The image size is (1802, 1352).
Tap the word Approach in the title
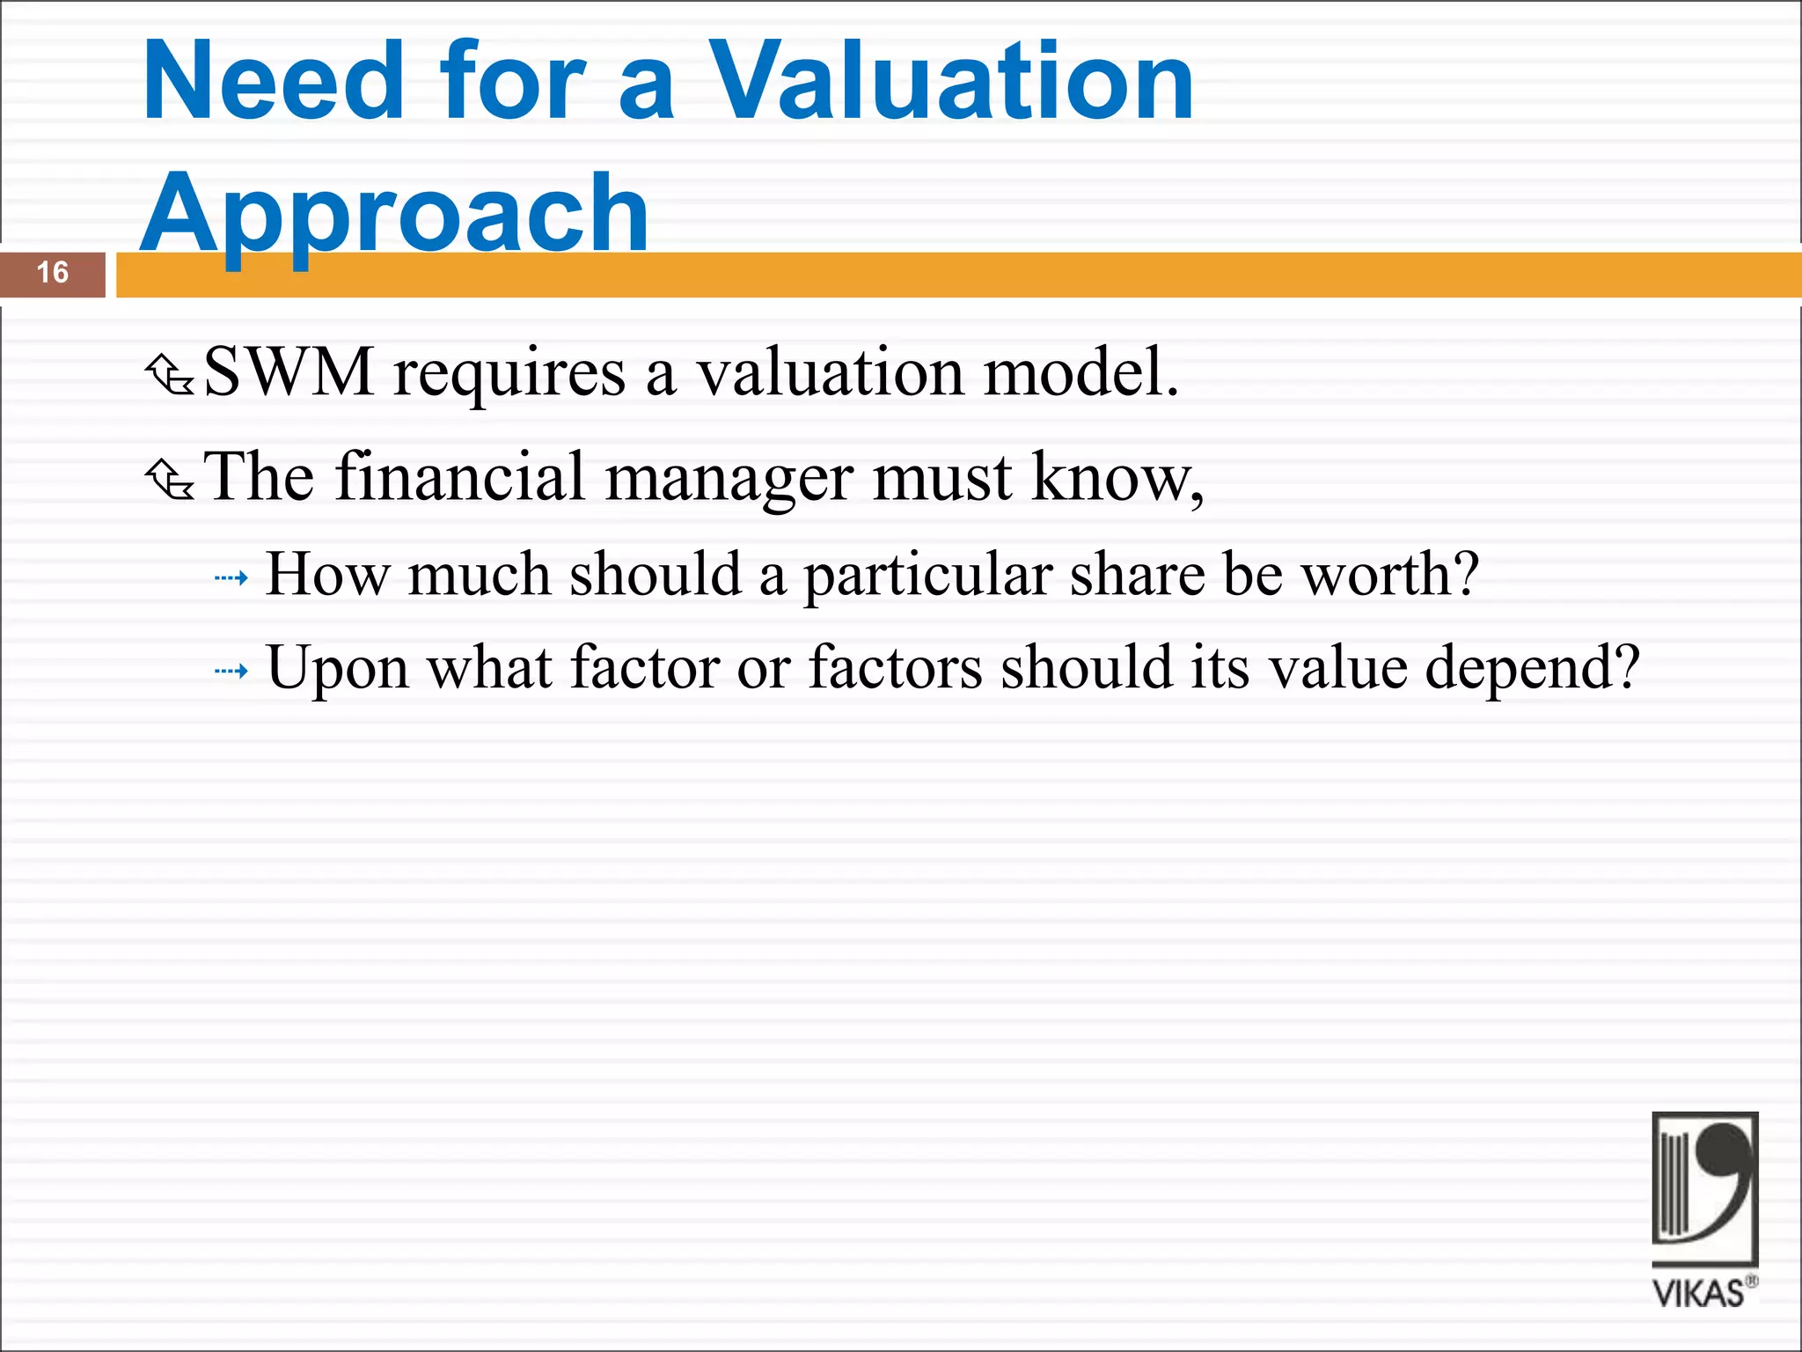tap(394, 214)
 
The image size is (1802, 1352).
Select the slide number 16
tap(53, 273)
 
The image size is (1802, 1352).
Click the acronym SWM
tap(289, 372)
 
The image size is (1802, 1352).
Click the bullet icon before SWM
tap(169, 375)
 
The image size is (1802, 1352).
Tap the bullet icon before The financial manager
tap(169, 480)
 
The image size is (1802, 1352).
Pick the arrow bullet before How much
tap(231, 578)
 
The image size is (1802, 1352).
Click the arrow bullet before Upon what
tap(231, 672)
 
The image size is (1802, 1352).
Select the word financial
tap(459, 477)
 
